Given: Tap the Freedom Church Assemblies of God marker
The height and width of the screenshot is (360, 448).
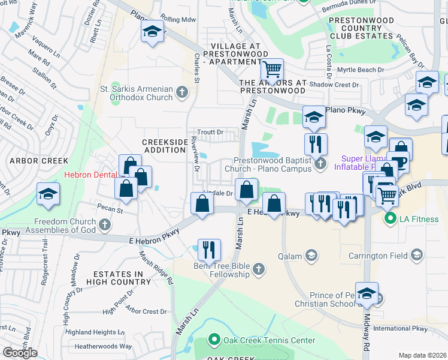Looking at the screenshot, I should coord(105,225).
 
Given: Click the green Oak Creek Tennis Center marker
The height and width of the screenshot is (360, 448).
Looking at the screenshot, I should coord(214,340).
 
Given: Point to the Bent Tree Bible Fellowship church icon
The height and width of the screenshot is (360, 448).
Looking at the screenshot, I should coord(259,268).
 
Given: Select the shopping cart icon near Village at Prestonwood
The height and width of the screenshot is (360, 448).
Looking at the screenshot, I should coord(272,71).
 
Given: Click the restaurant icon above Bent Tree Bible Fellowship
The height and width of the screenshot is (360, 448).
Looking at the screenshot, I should coord(209,249).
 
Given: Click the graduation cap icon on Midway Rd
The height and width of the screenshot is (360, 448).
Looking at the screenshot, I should coord(367,293).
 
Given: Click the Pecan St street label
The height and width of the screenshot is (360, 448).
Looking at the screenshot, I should coord(111,211).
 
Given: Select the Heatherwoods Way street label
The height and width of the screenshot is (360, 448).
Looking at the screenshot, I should coord(103,346).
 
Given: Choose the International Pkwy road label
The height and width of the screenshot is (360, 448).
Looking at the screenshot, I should coord(401,329).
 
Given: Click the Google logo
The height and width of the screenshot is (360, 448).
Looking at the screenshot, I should coord(20,352).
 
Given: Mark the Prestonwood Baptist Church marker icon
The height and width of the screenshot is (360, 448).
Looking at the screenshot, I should coord(320,163).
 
